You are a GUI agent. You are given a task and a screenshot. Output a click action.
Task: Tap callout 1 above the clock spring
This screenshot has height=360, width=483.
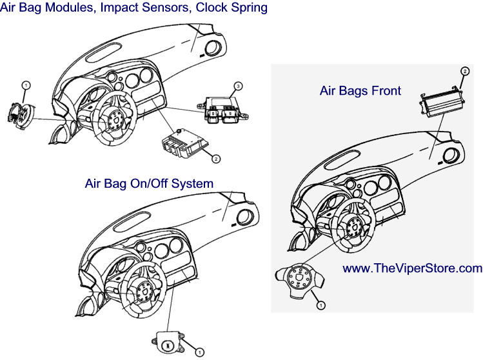25,85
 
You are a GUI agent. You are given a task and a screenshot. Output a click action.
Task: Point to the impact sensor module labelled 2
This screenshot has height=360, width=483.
184,143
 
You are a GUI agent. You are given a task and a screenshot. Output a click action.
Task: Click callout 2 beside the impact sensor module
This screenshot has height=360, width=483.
216,157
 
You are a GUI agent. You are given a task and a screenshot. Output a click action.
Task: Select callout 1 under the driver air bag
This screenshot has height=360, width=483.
320,303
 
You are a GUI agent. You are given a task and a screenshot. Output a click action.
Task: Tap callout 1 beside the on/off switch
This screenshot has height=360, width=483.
200,352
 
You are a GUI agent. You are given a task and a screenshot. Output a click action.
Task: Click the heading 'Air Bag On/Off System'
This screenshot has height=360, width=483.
149,184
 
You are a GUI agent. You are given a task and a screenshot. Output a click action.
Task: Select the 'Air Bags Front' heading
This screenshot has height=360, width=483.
360,91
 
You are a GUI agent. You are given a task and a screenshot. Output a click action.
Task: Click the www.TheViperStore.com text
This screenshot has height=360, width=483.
412,268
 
